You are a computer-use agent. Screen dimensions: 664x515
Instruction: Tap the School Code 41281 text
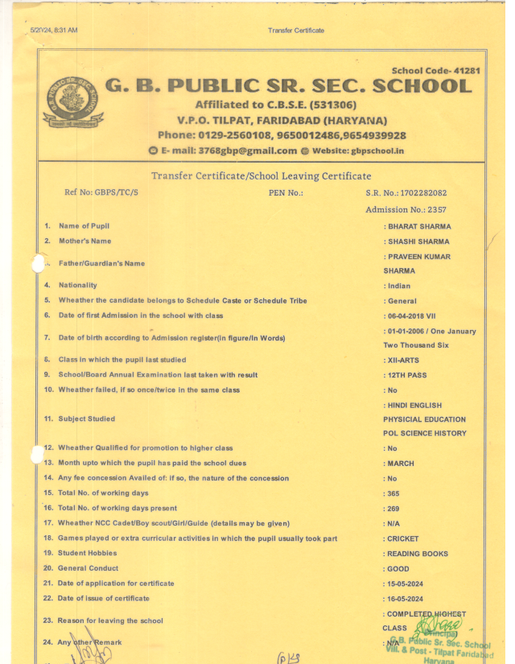[435, 71]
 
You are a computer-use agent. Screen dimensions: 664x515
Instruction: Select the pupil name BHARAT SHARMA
[419, 227]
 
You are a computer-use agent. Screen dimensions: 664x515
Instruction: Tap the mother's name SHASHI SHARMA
[418, 241]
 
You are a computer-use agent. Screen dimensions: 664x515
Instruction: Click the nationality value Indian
[399, 286]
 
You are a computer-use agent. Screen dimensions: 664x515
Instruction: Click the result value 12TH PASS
[409, 375]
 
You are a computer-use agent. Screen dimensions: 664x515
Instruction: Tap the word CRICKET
[405, 538]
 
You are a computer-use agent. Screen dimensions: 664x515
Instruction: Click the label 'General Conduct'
[88, 568]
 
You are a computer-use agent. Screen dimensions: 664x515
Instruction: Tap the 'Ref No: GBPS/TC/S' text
[101, 192]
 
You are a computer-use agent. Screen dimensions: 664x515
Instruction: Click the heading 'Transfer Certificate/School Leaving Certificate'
[261, 175]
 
